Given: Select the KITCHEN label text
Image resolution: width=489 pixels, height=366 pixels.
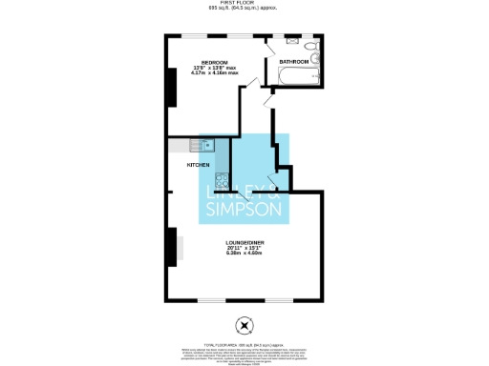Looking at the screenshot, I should [x=198, y=166].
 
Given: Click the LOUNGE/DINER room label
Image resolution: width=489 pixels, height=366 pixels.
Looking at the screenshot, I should [x=244, y=242].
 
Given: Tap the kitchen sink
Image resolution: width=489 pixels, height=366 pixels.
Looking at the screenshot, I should [x=204, y=146].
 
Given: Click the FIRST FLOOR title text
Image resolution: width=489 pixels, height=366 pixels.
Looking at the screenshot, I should [x=244, y=3].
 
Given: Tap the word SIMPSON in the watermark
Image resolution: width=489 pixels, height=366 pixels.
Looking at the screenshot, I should [x=244, y=209].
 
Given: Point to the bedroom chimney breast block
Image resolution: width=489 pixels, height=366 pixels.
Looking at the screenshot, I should [x=171, y=89].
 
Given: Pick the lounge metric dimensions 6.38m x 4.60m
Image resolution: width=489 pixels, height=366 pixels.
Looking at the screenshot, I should [x=244, y=253].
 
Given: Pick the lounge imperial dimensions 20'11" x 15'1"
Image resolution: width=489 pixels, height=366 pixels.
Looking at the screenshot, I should [x=244, y=248].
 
